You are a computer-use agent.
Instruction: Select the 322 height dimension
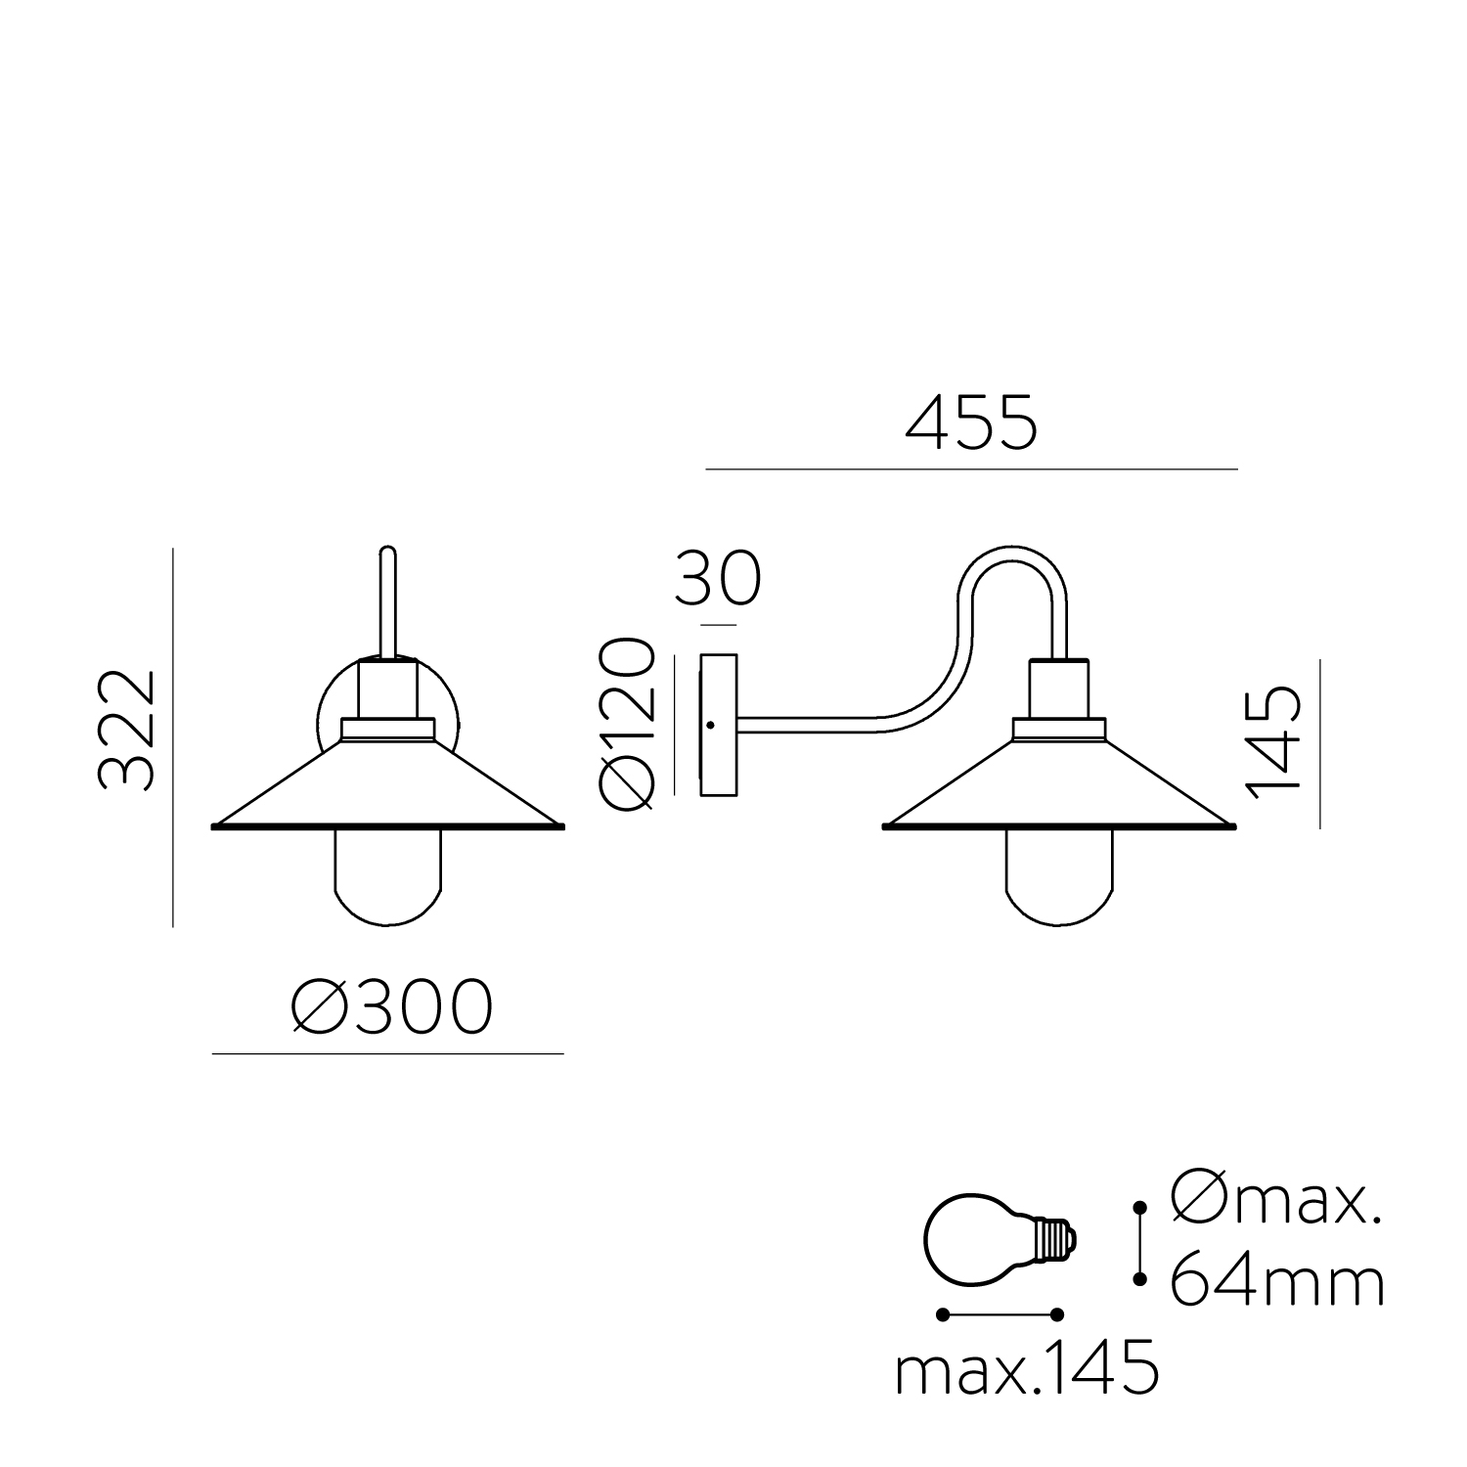click(x=127, y=730)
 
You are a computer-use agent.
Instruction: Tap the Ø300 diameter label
click(x=391, y=1008)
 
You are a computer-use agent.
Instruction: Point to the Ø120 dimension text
click(x=626, y=724)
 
